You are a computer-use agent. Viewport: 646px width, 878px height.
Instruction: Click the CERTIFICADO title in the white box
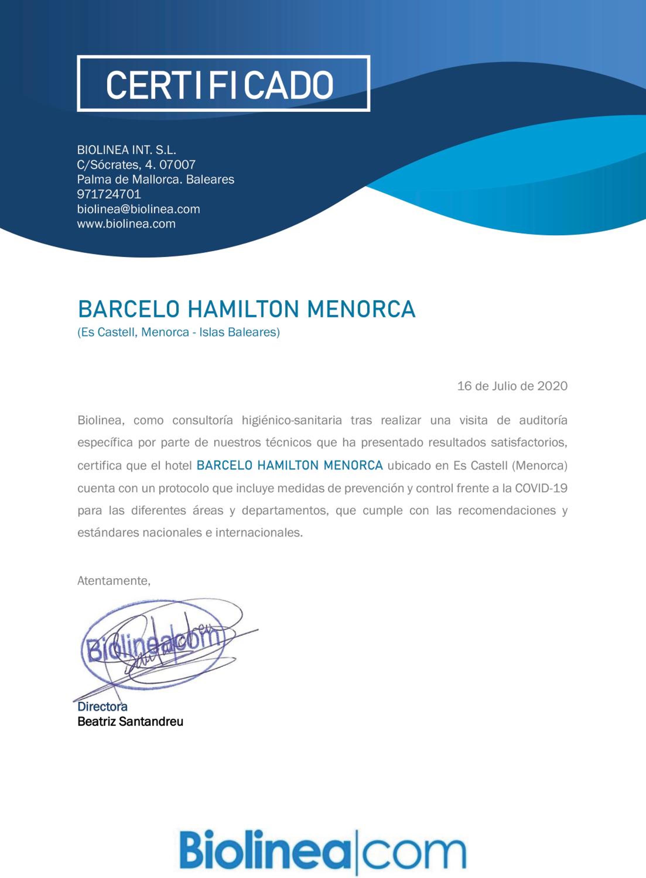[219, 84]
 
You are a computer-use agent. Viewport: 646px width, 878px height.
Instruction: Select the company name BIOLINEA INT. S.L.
[126, 150]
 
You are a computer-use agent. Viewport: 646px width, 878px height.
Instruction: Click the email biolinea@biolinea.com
[139, 209]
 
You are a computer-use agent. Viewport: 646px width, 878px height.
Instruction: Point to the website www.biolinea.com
[126, 224]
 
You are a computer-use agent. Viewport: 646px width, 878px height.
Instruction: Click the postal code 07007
[177, 164]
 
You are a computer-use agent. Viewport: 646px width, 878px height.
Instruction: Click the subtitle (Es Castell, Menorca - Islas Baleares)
[178, 332]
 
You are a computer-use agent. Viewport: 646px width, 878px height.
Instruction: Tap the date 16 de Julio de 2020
[512, 386]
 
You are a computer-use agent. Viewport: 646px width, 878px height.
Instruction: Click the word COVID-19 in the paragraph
[541, 488]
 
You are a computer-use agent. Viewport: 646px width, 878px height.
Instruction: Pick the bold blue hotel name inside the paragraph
[289, 465]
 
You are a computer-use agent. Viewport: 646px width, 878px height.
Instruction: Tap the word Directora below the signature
[102, 706]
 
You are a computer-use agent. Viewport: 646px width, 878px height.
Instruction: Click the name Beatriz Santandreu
[130, 721]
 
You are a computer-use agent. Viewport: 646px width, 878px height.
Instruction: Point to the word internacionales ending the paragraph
[259, 533]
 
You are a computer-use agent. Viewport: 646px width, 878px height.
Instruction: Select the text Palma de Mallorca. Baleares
[155, 179]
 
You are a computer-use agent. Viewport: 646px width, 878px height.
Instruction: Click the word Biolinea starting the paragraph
[100, 421]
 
